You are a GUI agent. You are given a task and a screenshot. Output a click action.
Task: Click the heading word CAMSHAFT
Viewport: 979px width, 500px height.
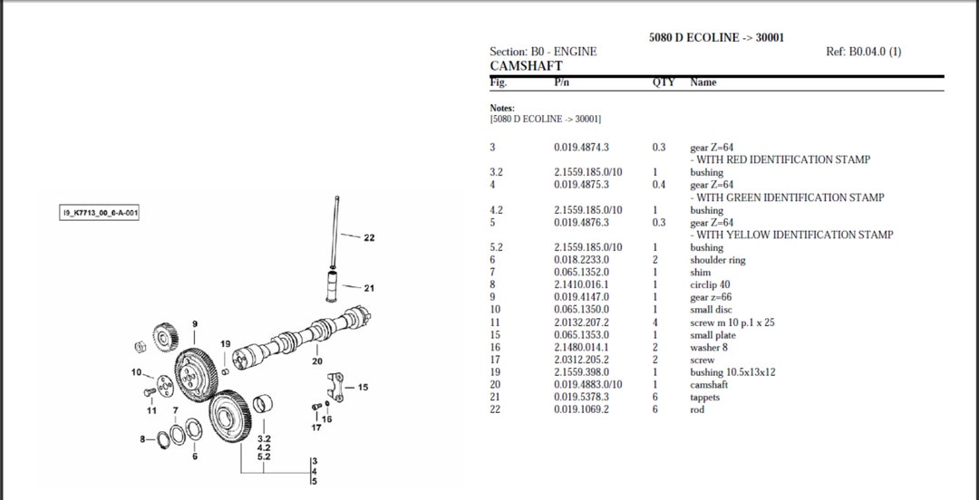coord(526,66)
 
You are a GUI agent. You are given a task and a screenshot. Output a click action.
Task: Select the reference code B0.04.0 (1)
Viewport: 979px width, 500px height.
coord(864,52)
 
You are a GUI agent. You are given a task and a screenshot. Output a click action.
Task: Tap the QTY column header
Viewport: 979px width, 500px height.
coord(664,82)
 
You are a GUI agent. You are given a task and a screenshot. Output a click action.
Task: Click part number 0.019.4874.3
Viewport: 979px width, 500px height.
coord(581,148)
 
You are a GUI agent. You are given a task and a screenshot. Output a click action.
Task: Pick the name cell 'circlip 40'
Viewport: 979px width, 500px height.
coord(710,284)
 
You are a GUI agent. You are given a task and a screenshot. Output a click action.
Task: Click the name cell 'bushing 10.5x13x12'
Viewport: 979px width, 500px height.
coord(732,372)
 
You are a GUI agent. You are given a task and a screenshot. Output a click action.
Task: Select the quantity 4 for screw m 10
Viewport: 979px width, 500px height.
coord(654,322)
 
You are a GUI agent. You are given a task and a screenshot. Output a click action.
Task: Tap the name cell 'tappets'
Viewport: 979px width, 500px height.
coord(704,397)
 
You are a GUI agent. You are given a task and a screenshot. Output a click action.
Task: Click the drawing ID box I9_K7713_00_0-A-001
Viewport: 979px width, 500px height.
coord(99,213)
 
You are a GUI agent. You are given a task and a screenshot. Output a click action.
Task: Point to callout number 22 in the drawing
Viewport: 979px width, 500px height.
coord(368,238)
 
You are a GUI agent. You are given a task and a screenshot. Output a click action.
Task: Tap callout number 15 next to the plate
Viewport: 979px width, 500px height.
coord(363,388)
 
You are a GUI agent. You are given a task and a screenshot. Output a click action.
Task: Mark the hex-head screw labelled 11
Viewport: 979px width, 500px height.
coord(148,392)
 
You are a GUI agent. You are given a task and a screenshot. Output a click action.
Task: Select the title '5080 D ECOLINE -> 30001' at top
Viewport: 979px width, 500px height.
coord(716,37)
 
